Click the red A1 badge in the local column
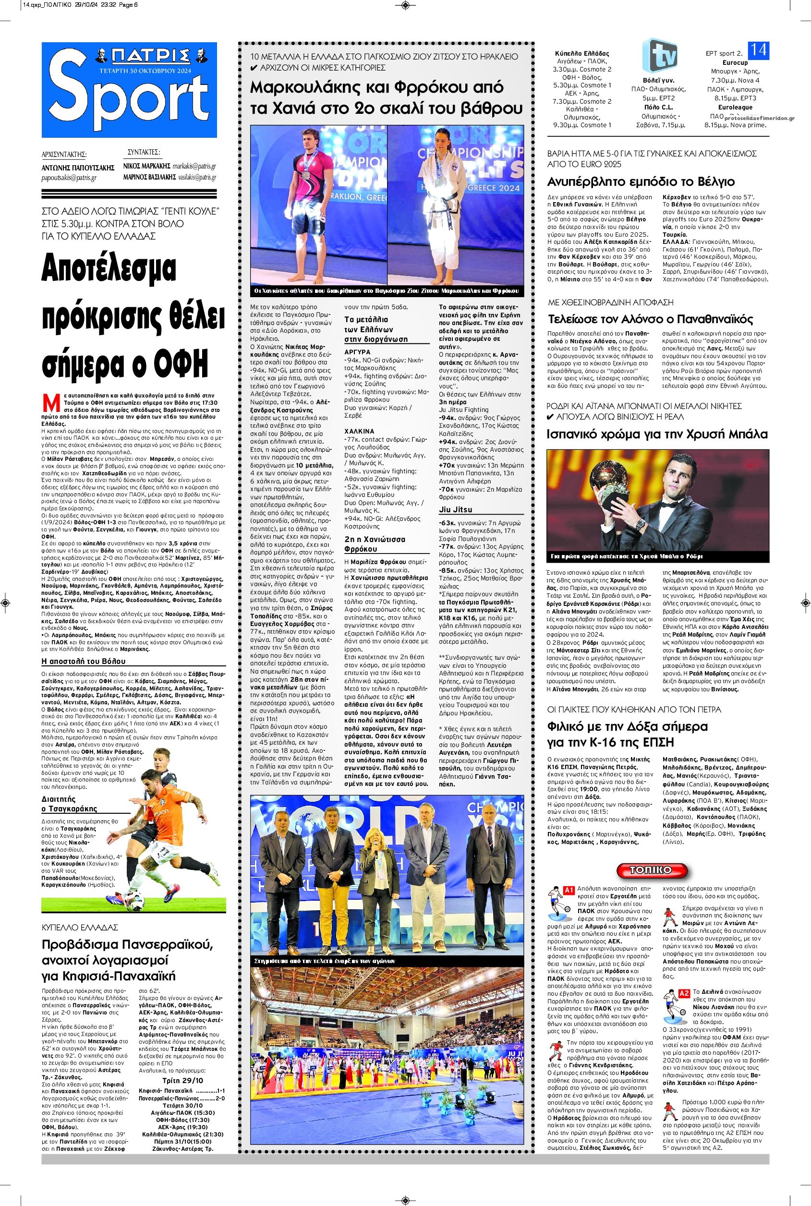click(569, 890)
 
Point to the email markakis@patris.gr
click(194, 167)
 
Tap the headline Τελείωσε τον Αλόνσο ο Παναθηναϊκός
click(650, 319)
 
